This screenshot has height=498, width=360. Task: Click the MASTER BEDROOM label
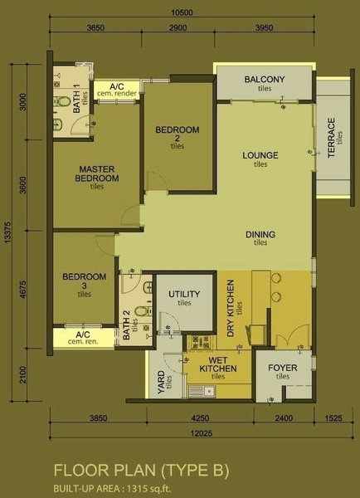(x=97, y=173)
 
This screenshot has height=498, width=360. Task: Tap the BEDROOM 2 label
(x=178, y=134)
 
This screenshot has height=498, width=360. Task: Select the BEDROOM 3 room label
(x=85, y=281)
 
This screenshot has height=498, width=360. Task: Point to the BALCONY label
(x=265, y=79)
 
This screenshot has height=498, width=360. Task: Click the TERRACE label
(x=332, y=138)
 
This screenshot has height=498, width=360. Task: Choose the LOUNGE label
(x=260, y=155)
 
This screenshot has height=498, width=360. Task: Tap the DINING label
(x=260, y=234)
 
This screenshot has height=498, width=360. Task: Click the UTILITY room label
(x=184, y=294)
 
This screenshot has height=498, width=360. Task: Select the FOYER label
(x=283, y=368)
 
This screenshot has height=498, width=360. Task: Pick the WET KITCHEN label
(x=218, y=364)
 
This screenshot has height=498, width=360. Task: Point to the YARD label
(x=161, y=382)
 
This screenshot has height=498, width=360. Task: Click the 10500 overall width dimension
(x=182, y=12)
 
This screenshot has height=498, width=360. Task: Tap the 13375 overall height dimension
(x=8, y=232)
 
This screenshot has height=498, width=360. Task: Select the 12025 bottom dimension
(x=202, y=433)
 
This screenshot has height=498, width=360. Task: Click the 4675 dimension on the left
(x=23, y=289)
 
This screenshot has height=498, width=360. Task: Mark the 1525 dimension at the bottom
(x=333, y=418)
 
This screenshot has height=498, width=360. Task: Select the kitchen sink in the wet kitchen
(x=202, y=391)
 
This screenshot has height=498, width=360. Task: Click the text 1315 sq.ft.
(x=148, y=488)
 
